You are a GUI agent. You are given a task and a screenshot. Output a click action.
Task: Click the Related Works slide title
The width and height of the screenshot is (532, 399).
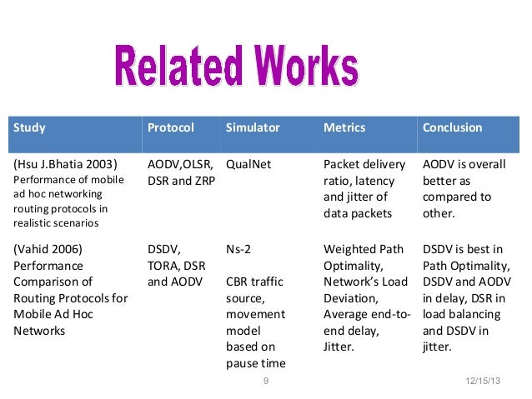point(236,68)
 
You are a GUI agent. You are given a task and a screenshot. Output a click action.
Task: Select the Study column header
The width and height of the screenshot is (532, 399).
point(29,128)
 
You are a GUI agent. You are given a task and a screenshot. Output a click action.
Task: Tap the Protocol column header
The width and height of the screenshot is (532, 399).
point(170,128)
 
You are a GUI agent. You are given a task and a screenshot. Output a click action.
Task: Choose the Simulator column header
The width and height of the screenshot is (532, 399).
point(253,128)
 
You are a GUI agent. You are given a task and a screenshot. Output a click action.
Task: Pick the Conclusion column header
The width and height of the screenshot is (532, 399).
point(453,128)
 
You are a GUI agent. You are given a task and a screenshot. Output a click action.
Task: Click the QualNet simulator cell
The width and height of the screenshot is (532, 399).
point(248,164)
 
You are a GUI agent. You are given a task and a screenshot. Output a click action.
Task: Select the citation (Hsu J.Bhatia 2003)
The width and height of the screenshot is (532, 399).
point(65,164)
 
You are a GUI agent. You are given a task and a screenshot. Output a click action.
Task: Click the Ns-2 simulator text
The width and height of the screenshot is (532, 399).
point(240,248)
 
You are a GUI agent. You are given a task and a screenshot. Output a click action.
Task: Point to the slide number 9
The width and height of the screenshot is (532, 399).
point(265,382)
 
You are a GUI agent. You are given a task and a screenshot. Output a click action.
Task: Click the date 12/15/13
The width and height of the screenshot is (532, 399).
point(482,382)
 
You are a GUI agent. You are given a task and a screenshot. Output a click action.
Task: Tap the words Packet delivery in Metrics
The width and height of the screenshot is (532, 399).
point(364,164)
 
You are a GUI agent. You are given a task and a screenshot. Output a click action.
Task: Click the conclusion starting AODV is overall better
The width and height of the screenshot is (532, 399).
point(464,188)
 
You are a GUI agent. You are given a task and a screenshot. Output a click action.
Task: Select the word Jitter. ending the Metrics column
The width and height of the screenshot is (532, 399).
point(340,347)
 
